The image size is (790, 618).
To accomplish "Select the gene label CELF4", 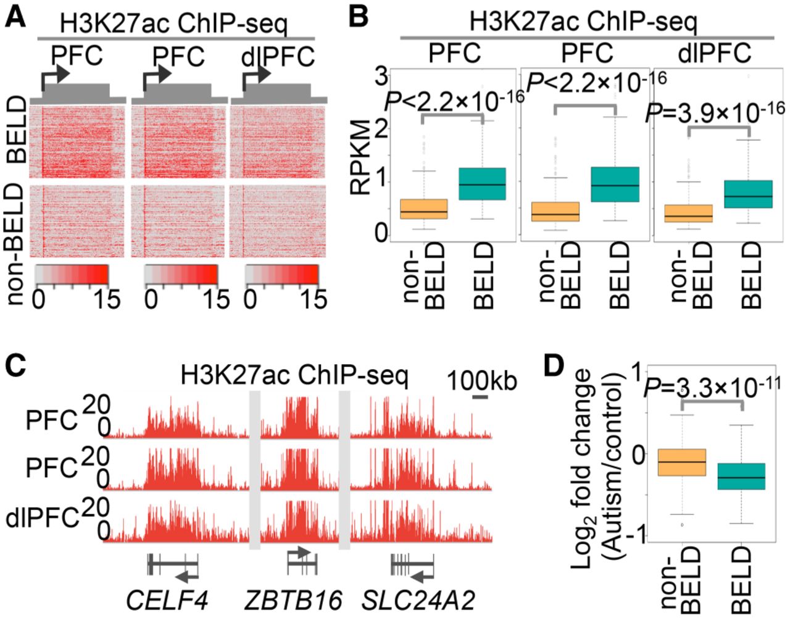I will (x=167, y=599).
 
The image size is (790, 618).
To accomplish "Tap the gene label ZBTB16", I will (x=294, y=599).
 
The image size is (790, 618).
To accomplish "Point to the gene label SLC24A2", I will (x=418, y=599).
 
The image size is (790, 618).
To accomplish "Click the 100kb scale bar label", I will (x=482, y=380).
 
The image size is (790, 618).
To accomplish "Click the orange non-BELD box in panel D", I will (x=681, y=462).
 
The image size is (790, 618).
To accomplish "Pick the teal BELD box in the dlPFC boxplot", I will (x=749, y=194).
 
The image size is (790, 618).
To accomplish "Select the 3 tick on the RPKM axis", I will (x=381, y=77).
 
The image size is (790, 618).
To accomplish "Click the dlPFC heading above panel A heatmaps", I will (x=278, y=57).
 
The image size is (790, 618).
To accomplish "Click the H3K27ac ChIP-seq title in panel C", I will (x=294, y=376).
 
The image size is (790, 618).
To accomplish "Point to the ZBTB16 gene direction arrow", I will (x=301, y=552).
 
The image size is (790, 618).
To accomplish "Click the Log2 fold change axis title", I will (x=596, y=460).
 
